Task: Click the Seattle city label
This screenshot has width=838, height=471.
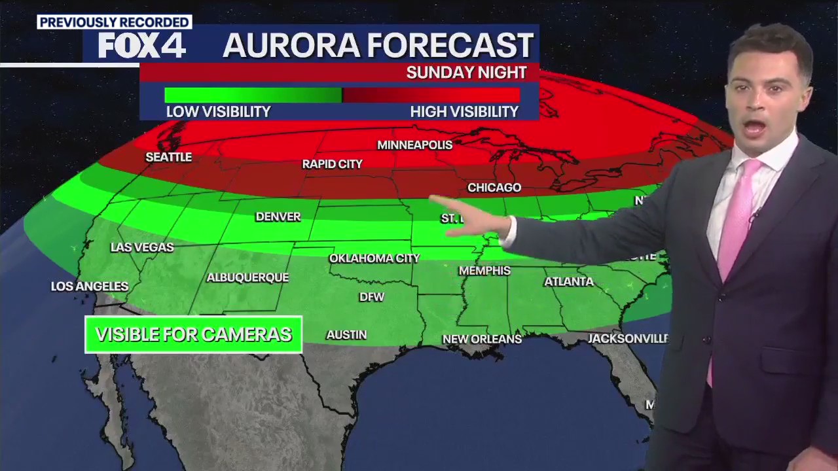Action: (x=168, y=158)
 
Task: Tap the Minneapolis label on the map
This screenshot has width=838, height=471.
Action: (x=414, y=145)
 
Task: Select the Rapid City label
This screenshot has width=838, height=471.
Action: (x=332, y=164)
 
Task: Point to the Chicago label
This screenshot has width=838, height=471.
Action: (x=494, y=188)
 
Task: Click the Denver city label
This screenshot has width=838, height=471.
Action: (x=278, y=217)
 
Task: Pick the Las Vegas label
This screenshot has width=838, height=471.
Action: (x=142, y=247)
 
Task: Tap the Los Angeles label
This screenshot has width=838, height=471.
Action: (x=90, y=287)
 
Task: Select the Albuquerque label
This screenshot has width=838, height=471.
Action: (x=247, y=277)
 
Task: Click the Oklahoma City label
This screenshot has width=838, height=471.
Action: (x=374, y=258)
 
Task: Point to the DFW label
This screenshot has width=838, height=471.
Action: (x=372, y=297)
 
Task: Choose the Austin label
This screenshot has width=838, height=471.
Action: (x=346, y=335)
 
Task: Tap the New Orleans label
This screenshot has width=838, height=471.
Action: (x=482, y=339)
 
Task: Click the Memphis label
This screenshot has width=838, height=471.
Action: (x=484, y=270)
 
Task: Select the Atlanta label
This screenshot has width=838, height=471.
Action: (x=569, y=282)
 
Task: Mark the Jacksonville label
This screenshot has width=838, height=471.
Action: (x=628, y=338)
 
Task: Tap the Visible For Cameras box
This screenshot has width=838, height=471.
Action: (x=193, y=335)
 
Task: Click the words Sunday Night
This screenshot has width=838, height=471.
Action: (x=466, y=73)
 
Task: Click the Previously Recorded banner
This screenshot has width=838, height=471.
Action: (x=115, y=22)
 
